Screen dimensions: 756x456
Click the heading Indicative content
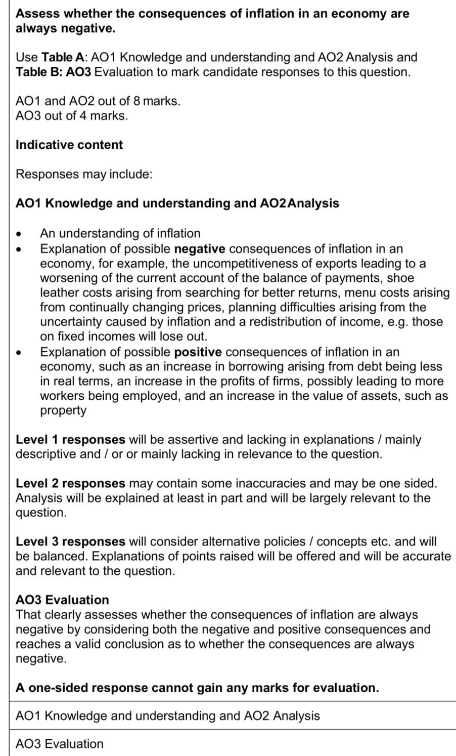point(69,145)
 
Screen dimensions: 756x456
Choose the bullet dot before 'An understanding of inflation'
point(19,234)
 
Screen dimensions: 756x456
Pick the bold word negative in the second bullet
point(199,249)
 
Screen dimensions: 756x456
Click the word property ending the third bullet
point(63,410)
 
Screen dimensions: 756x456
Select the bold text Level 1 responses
point(70,439)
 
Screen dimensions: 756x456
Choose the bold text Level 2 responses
point(70,483)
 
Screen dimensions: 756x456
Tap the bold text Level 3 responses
point(70,541)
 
